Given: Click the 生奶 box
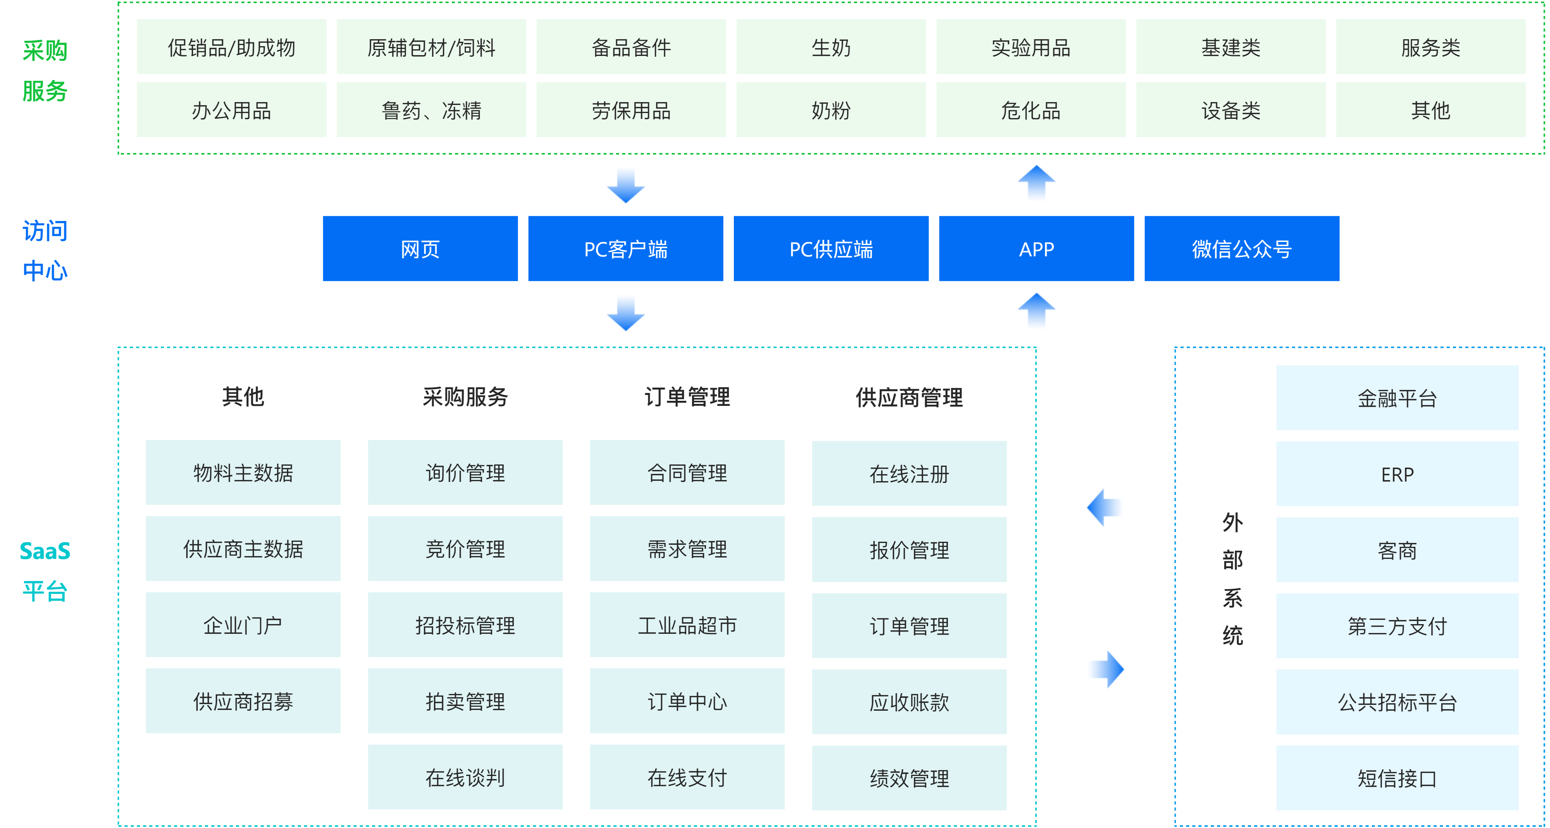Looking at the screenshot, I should pyautogui.click(x=831, y=47).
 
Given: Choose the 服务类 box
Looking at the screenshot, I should pyautogui.click(x=1430, y=47).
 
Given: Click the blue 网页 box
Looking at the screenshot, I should pyautogui.click(x=420, y=249).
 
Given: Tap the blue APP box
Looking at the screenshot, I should pyautogui.click(x=1036, y=249).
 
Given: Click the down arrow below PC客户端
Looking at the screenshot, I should pyautogui.click(x=626, y=313).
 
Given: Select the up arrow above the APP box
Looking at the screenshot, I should pyautogui.click(x=1036, y=184).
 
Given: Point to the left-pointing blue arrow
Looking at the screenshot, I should pyautogui.click(x=1105, y=507).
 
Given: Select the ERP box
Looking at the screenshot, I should pyautogui.click(x=1397, y=474).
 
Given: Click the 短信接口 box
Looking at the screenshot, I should pyautogui.click(x=1397, y=778).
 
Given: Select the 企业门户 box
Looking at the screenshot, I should pyautogui.click(x=243, y=625).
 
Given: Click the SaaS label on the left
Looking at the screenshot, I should pyautogui.click(x=45, y=551).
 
